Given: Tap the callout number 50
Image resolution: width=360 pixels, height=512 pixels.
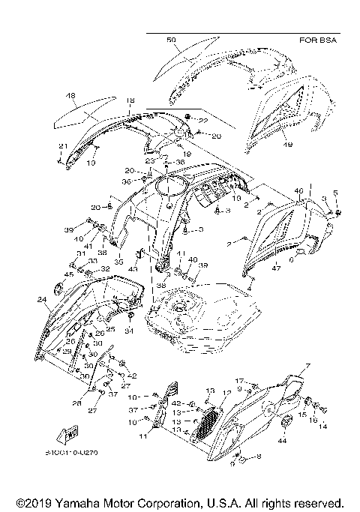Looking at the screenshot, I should [171, 39].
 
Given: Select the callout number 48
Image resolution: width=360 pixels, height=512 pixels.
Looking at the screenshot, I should [70, 96].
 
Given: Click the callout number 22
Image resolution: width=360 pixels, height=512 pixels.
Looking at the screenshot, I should [203, 120].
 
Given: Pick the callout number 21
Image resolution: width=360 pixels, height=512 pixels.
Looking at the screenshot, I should [63, 145].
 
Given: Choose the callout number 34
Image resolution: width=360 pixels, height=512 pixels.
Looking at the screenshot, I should [129, 331].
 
